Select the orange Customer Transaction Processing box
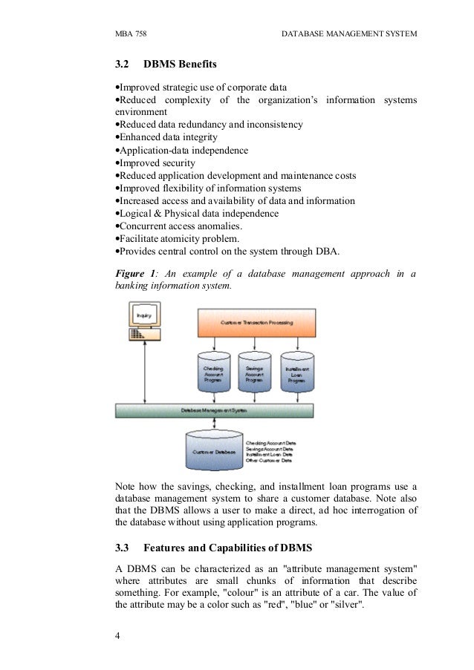coord(256,323)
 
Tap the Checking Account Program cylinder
coord(214,372)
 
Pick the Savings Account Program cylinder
coord(256,372)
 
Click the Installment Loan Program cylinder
coord(297,372)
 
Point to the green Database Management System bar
coord(214,410)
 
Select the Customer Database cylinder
coord(214,449)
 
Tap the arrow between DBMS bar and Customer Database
coord(214,422)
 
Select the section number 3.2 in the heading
coord(123,67)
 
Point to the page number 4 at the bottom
coord(118,636)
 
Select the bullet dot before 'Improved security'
coord(117,163)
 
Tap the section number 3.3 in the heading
coord(123,549)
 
